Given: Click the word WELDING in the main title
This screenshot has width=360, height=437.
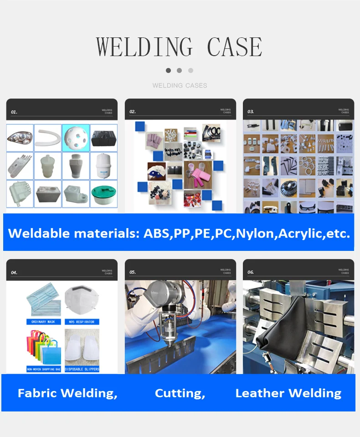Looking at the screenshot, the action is tap(144, 47).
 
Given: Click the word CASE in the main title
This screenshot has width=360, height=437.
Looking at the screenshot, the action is tap(235, 47).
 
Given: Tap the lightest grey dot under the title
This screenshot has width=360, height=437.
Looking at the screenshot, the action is tap(190, 70).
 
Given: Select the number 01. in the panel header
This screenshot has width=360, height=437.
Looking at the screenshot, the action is tap(14, 112).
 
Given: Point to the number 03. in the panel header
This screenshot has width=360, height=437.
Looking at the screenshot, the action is tap(251, 111).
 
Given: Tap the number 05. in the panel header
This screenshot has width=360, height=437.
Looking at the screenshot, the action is tap(133, 272).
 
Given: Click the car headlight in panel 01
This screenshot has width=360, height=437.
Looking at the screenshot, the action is tap(20, 137).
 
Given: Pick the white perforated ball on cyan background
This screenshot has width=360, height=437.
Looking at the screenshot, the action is tap(76, 137).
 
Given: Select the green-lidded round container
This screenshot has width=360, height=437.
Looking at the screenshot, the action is tap(103, 193).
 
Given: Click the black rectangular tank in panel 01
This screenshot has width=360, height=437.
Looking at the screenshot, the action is tap(103, 137).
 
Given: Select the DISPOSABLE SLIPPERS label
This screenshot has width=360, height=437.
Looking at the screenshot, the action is tap(82, 369).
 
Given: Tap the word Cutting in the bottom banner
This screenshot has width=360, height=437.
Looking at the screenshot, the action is tap(180, 393).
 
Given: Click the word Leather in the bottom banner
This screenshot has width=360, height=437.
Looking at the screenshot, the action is tap(260, 393).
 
